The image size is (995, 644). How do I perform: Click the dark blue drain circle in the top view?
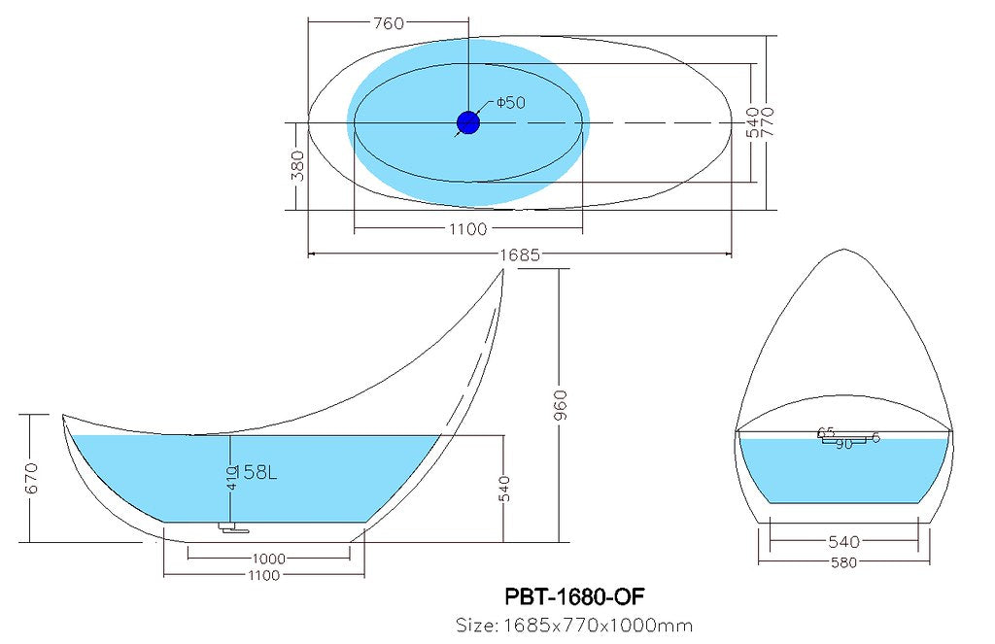pyautogui.click(x=468, y=122)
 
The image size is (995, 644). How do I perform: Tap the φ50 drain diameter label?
pyautogui.click(x=510, y=103)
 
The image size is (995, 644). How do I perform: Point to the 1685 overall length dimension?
pyautogui.click(x=521, y=254)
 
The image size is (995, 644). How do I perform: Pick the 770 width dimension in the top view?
pyautogui.click(x=768, y=122)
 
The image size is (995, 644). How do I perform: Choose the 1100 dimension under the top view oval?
pyautogui.click(x=467, y=229)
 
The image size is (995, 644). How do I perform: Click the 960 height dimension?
pyautogui.click(x=560, y=406)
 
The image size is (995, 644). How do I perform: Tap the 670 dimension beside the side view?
pyautogui.click(x=31, y=477)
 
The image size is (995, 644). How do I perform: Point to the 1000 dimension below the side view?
pyautogui.click(x=268, y=559)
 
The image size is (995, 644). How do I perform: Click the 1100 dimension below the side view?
pyautogui.click(x=263, y=575)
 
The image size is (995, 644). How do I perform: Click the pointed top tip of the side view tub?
pyautogui.click(x=504, y=272)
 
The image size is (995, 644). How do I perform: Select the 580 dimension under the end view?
pyautogui.click(x=843, y=562)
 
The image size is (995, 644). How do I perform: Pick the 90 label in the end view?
pyautogui.click(x=843, y=444)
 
